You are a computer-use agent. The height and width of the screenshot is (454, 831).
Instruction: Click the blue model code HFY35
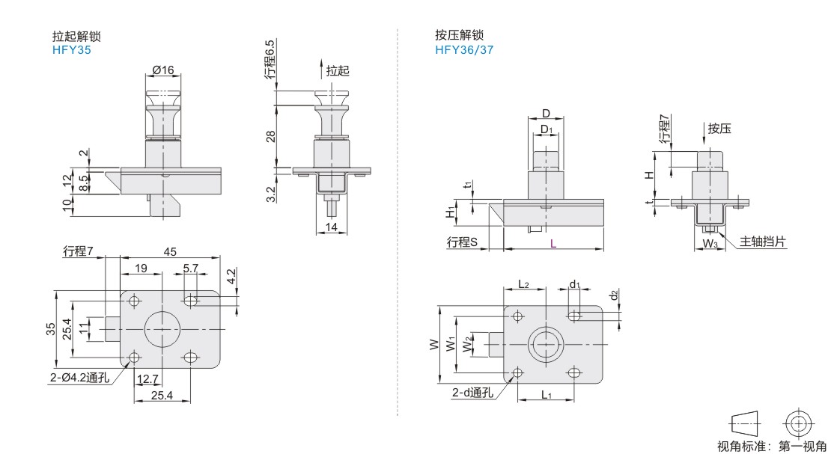coord(72,50)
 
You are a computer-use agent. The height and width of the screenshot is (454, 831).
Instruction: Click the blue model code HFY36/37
coord(464,50)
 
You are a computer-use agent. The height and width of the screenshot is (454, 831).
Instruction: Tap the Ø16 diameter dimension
coord(162,70)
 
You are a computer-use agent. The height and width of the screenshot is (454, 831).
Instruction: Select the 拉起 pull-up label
coord(338,70)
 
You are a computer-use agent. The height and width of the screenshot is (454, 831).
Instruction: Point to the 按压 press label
coord(719,128)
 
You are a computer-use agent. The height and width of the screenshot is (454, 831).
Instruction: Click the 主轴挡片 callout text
coord(763,242)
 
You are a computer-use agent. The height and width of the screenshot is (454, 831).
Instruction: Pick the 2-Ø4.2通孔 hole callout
coord(80,377)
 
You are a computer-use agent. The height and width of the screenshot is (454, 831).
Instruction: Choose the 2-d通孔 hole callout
coord(472,393)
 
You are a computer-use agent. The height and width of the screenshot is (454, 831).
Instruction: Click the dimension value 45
coord(170,251)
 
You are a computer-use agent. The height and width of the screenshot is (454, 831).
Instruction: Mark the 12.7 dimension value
coord(148,379)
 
